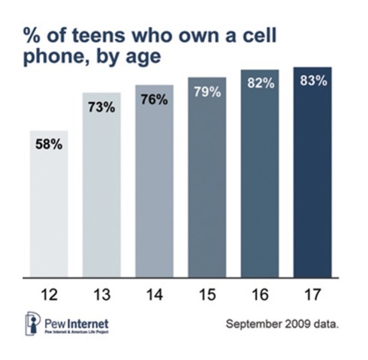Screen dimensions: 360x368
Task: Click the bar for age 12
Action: coord(49,202)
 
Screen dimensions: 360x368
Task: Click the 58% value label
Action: coord(49,143)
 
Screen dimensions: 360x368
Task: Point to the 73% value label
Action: coord(101,108)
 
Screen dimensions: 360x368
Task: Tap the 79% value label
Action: coord(207,92)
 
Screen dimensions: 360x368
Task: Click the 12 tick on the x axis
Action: coord(49,289)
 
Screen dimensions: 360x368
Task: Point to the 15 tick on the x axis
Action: coord(207,289)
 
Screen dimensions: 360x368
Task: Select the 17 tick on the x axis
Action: coord(312,289)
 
